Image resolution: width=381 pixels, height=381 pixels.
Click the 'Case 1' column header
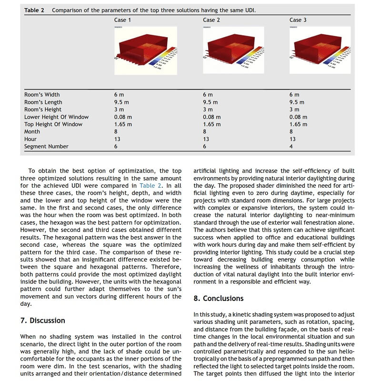[x=122, y=20]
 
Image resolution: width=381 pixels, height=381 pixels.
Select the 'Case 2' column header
[x=211, y=20]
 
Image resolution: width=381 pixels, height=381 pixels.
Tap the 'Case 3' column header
[x=298, y=20]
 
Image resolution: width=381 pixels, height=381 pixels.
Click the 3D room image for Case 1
[x=145, y=50]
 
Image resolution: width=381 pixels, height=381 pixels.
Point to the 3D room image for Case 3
[x=320, y=50]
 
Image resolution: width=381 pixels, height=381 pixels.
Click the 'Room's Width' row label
[x=42, y=95]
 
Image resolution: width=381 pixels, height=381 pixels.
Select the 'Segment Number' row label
[x=46, y=147]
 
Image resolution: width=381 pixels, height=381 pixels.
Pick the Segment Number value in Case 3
[x=291, y=147]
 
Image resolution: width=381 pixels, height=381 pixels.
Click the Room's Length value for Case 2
[x=210, y=102]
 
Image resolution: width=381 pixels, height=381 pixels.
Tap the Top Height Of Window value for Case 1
[x=123, y=124]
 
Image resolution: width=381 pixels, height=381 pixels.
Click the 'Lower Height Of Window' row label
[x=56, y=117]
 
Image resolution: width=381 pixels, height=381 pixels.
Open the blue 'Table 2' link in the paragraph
[x=150, y=185]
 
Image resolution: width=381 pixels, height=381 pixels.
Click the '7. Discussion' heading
[x=42, y=321]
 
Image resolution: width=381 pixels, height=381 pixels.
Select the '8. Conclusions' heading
[x=218, y=299]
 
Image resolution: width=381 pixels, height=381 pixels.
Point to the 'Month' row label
[x=32, y=132]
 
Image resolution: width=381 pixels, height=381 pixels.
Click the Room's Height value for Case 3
[x=294, y=110]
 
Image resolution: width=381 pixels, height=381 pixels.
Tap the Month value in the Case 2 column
[x=205, y=132]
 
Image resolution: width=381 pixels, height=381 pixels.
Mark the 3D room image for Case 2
[x=233, y=50]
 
